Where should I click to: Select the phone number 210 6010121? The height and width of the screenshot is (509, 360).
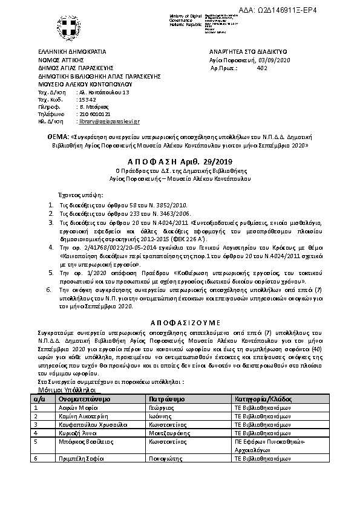point(93,114)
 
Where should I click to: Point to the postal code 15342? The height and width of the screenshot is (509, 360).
point(87,99)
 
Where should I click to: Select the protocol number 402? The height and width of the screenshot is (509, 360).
point(262,68)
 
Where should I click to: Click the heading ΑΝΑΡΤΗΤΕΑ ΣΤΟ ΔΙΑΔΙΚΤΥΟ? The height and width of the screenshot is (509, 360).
point(247,52)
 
